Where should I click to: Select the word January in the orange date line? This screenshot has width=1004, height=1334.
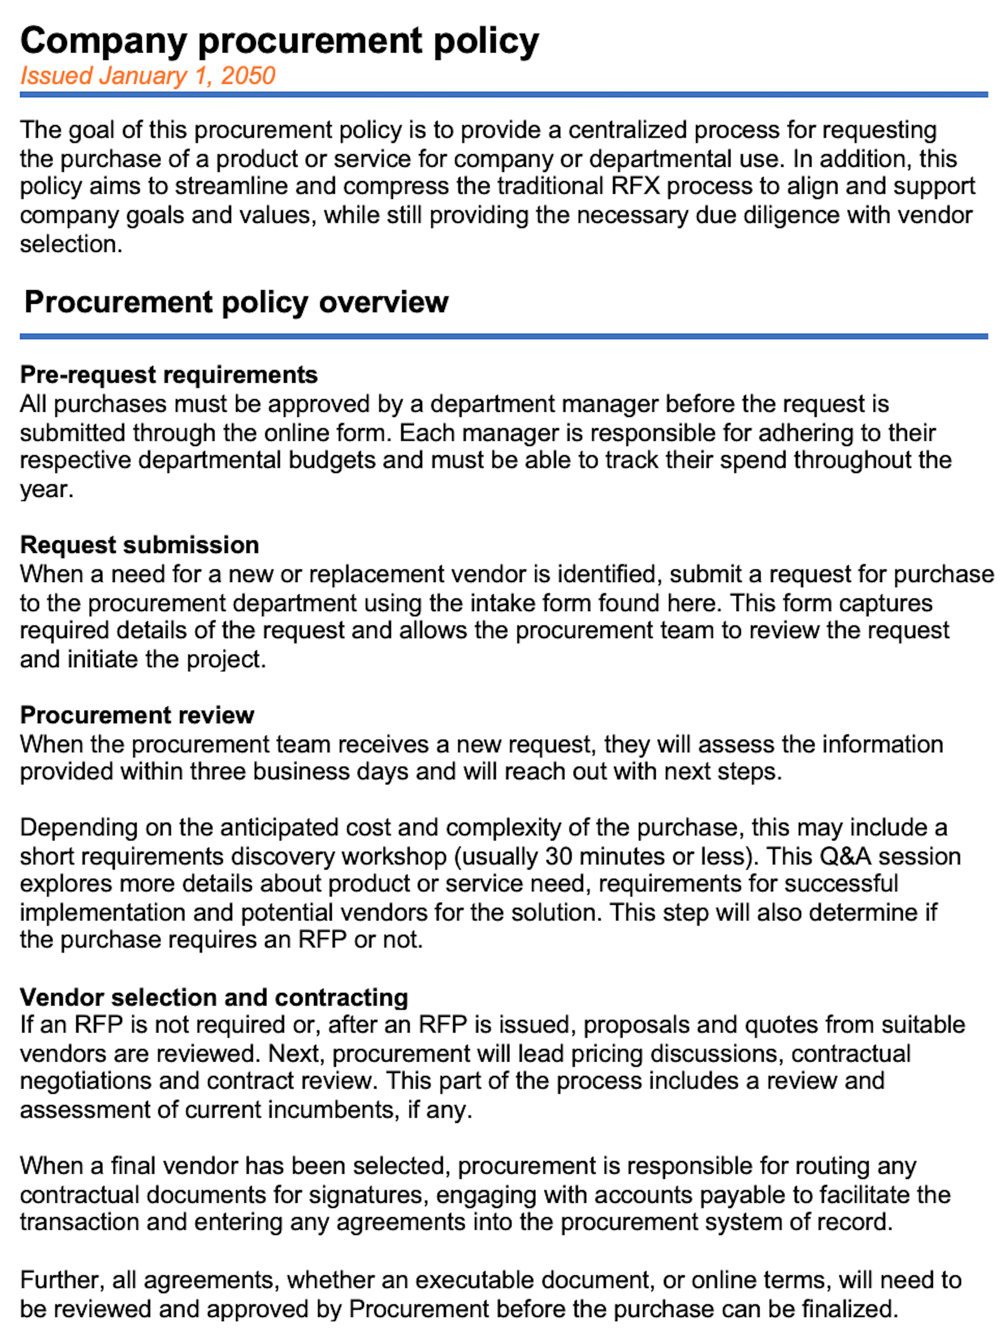[143, 76]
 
